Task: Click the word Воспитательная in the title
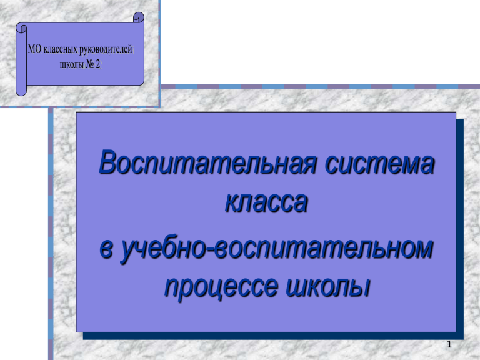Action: [x=207, y=163]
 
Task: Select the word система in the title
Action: [x=379, y=164]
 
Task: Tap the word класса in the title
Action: [x=266, y=202]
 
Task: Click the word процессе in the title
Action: [x=222, y=287]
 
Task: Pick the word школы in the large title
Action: [x=328, y=286]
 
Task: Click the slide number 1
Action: [x=449, y=344]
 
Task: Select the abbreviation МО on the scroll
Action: [x=34, y=49]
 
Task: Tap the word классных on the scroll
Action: [x=60, y=50]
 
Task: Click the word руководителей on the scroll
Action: [x=106, y=50]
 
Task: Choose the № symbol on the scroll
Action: [x=90, y=64]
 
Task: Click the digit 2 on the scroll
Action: [x=98, y=64]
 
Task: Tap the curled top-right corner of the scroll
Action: [x=139, y=17]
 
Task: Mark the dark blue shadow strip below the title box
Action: [x=273, y=336]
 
